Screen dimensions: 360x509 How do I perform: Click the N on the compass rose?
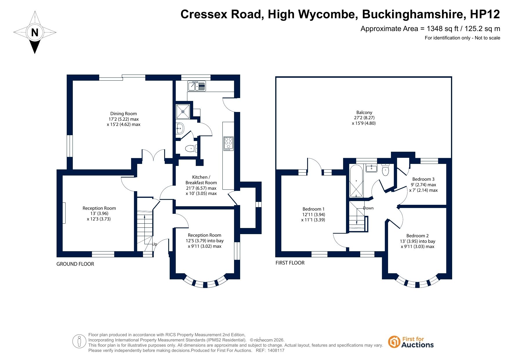click(35, 32)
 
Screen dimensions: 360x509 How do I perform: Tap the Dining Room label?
click(123, 114)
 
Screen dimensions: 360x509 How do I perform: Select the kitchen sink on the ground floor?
click(196, 86)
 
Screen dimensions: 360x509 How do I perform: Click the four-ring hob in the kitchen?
click(228, 143)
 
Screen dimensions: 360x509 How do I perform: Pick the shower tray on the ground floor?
click(183, 111)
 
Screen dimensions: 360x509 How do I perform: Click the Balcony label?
click(364, 113)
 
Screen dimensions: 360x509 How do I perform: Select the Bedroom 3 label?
click(423, 179)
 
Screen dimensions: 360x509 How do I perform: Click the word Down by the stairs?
click(368, 208)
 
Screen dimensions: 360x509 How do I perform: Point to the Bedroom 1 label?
click(313, 209)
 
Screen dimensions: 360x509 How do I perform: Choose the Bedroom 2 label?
click(417, 236)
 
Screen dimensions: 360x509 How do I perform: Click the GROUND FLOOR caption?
click(75, 264)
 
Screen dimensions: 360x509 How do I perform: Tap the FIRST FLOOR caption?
click(290, 263)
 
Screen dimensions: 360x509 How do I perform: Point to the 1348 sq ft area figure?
click(443, 29)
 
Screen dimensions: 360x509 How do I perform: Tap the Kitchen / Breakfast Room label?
click(201, 180)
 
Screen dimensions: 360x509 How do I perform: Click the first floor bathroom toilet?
click(385, 170)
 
